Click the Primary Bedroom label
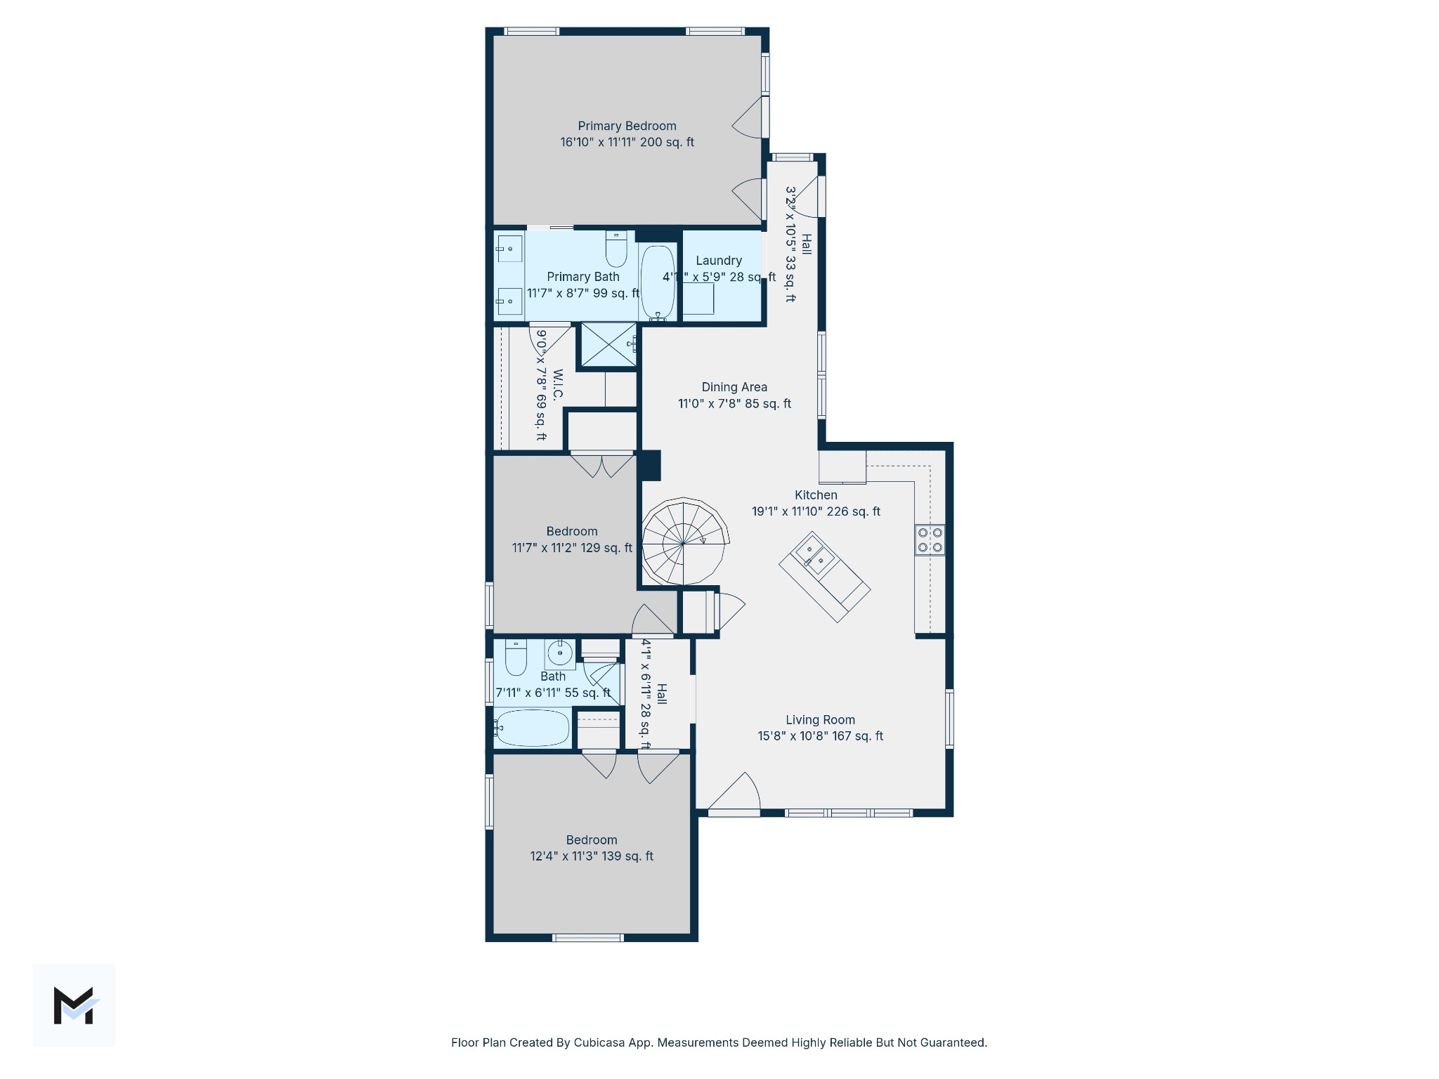627,126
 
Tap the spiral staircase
683,542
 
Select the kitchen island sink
814,553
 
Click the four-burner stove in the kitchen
930,539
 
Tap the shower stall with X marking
608,344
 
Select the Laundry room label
718,261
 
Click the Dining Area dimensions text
734,404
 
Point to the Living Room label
820,720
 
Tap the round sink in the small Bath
560,653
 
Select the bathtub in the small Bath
532,728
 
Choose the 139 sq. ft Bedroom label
592,840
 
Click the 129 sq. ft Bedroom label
572,532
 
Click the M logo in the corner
74,1005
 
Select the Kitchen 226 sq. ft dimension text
816,511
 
